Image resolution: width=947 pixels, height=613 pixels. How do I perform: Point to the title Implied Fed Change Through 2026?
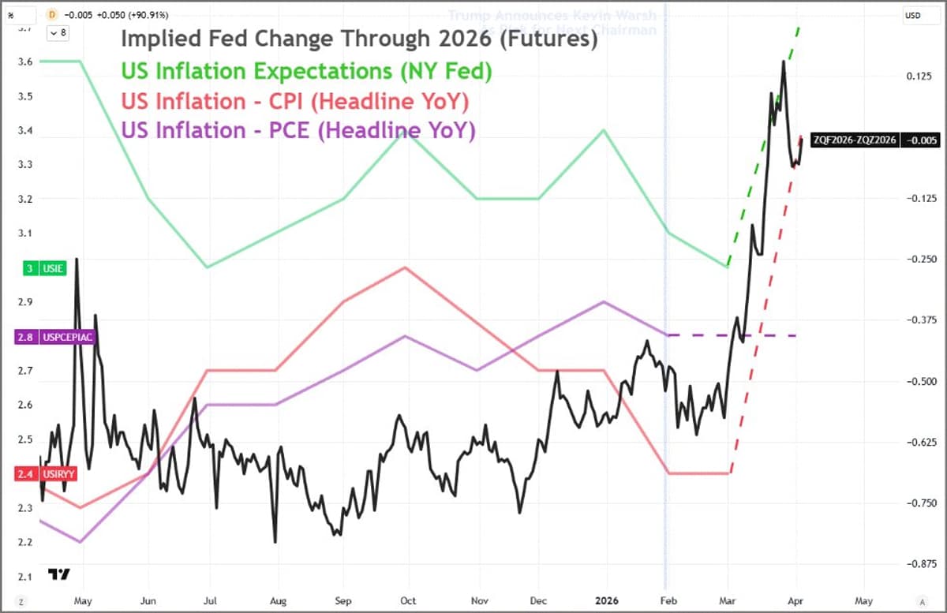click(x=358, y=39)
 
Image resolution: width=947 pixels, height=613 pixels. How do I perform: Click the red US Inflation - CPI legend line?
click(x=294, y=101)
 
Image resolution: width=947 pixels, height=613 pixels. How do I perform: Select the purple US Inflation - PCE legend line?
click(x=298, y=130)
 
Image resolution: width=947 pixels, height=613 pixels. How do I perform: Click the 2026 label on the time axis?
click(x=606, y=600)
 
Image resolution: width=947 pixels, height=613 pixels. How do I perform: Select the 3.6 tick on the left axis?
click(x=26, y=62)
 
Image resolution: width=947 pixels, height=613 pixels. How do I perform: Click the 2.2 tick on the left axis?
click(x=26, y=542)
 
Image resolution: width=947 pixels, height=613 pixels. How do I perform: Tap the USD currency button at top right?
click(x=913, y=15)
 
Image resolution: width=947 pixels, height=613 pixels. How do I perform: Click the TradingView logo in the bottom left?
click(x=58, y=574)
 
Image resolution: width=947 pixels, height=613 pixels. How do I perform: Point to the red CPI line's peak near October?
click(x=405, y=267)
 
